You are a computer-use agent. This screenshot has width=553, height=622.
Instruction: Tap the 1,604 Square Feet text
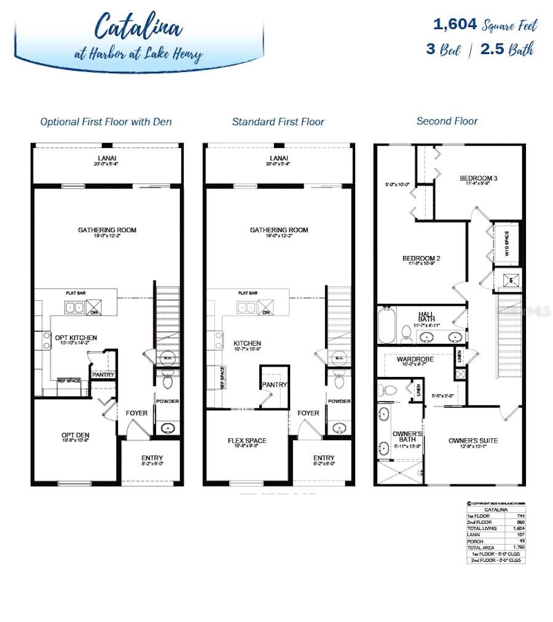pos(485,25)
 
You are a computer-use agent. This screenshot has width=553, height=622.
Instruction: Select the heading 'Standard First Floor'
pos(278,122)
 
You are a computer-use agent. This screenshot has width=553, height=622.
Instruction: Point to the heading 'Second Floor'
pos(447,121)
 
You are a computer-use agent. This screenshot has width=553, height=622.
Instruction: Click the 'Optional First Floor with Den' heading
pos(106,122)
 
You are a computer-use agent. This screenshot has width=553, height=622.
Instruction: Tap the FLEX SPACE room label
pos(247,440)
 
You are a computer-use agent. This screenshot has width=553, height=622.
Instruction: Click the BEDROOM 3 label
pos(478,179)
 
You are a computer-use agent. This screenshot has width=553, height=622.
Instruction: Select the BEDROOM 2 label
pos(421,259)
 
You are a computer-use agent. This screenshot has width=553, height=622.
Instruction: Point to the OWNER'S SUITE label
pos(473,440)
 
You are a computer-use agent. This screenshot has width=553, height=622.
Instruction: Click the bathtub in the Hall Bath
pos(386,325)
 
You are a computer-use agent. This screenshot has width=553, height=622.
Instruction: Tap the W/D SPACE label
pos(506,243)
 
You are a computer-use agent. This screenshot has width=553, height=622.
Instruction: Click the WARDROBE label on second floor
pos(415,359)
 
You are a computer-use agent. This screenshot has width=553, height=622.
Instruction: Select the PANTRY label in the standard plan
pos(275,384)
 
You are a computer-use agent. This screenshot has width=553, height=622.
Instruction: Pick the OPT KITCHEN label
pos(76,338)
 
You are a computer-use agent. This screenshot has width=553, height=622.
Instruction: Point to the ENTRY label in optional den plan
pos(152,458)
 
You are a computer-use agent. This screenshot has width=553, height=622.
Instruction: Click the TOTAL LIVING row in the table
pos(496,528)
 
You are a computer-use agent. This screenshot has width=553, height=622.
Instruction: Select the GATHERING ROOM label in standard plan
pos(279,230)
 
